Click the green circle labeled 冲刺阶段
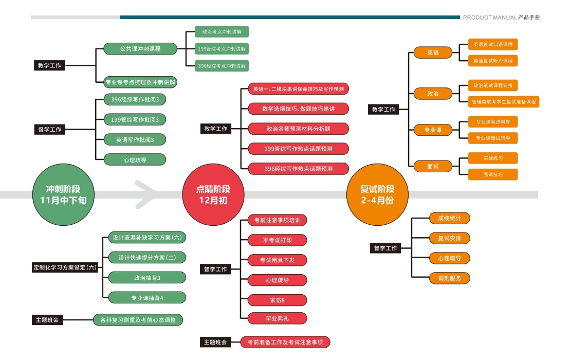click(63, 194)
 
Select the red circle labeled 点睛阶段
click(213, 194)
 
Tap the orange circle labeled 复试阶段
click(377, 194)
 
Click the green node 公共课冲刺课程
click(140, 49)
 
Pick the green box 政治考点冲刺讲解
click(222, 32)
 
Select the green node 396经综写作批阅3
click(135, 99)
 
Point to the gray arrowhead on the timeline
click(145, 194)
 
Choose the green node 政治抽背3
click(147, 278)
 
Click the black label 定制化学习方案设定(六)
click(65, 267)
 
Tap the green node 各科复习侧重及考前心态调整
click(138, 320)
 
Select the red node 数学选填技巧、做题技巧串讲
click(298, 109)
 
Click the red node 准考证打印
click(277, 240)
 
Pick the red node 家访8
click(277, 300)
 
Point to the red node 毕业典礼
click(277, 318)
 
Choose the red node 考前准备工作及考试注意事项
click(285, 342)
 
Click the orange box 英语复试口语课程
click(493, 44)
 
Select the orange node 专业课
click(433, 130)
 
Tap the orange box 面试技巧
click(493, 174)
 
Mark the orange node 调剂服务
click(449, 278)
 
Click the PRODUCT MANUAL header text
click(490, 17)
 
